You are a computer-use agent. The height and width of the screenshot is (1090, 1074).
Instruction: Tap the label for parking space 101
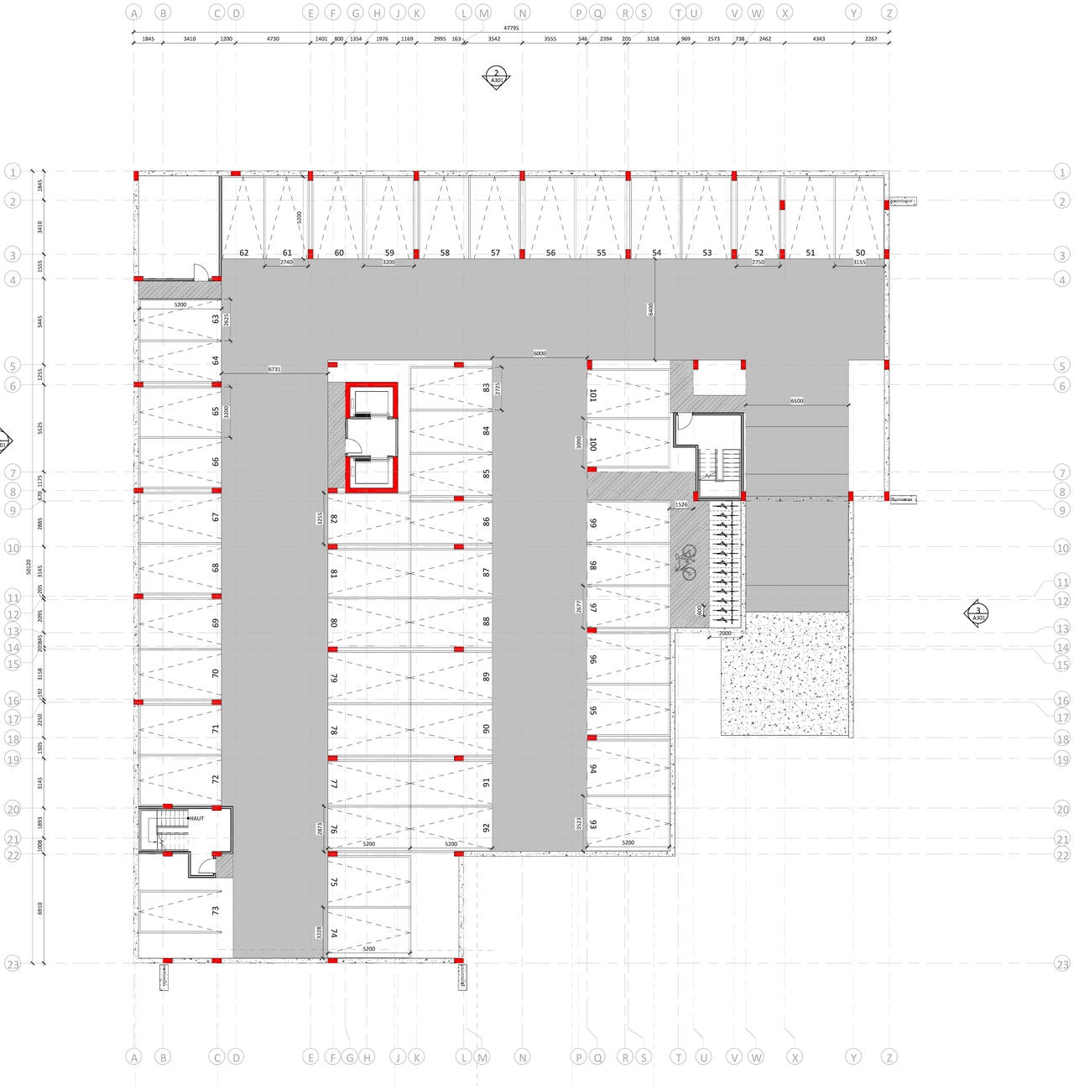(x=592, y=394)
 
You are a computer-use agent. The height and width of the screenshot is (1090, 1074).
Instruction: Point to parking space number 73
(x=216, y=910)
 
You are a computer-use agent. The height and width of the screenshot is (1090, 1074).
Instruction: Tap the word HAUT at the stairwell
(x=196, y=818)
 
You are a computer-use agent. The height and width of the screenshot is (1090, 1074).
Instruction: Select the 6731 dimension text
(x=274, y=369)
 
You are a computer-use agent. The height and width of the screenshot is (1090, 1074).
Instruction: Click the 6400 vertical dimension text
(x=650, y=310)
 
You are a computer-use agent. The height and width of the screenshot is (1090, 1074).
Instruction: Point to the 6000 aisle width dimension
(x=540, y=353)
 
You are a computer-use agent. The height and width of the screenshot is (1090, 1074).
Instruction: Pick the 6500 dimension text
(x=796, y=401)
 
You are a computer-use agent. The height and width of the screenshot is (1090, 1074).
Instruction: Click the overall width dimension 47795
(x=511, y=29)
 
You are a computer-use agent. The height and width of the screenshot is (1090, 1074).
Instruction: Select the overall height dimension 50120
(x=29, y=567)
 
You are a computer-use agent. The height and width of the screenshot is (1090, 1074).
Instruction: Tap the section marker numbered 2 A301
(x=496, y=77)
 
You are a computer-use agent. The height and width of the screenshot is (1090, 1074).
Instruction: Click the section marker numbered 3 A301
(x=978, y=614)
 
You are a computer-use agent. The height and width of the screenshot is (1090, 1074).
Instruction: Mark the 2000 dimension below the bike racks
(x=725, y=634)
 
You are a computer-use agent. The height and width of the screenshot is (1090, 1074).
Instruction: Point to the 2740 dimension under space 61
(x=286, y=263)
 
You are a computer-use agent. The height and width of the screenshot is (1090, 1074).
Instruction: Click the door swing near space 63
(x=201, y=270)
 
